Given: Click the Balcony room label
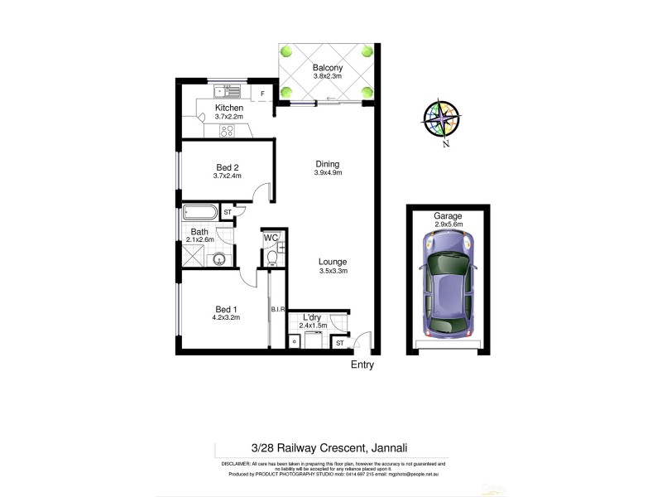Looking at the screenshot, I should pos(328,68).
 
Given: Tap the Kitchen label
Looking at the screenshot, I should pos(228,109).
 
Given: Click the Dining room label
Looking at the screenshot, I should pos(328,164).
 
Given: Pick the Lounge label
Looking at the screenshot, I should pos(333,262).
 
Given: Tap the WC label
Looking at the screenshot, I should pos(270,239).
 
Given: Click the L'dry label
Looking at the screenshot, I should pos(312,317).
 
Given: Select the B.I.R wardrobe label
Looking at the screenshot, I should pos(277,310).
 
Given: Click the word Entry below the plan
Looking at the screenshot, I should pos(362,364).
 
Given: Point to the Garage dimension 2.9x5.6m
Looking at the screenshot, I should pos(448,224).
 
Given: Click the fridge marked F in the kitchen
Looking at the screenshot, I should pos(262,94).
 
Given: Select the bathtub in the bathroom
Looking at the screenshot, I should pos(199,213).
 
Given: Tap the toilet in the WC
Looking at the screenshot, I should pos(271,257).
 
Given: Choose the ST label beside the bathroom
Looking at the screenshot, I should pos(227,213).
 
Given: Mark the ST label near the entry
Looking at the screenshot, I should pos(339,342).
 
